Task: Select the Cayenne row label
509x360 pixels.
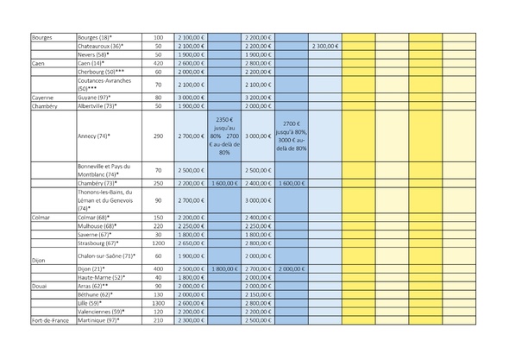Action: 41,98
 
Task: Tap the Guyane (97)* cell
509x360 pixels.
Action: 93,98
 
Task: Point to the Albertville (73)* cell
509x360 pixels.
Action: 97,106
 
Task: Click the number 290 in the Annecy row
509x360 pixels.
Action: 158,136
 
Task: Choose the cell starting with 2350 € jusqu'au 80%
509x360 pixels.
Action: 224,136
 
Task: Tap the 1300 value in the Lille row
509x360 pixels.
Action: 158,303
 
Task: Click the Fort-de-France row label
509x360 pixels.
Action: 49,320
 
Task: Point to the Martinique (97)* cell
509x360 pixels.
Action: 97,320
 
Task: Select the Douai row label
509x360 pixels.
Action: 39,286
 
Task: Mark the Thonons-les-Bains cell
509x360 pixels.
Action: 104,200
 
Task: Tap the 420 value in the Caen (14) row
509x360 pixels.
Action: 158,63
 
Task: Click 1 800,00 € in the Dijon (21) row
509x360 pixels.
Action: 224,268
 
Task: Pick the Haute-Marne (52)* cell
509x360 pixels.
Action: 100,277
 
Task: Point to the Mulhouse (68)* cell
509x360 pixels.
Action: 96,225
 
